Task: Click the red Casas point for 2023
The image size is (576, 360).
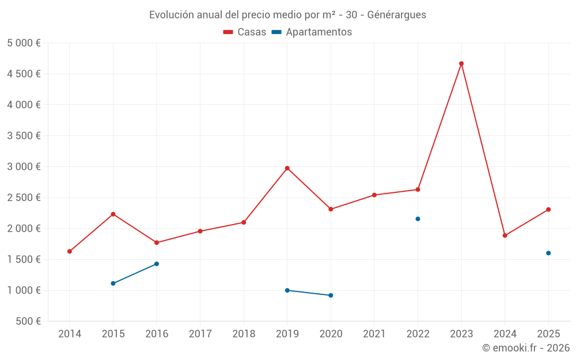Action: point(461,63)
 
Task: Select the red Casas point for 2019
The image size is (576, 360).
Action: point(287,168)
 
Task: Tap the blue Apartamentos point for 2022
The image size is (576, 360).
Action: point(418,219)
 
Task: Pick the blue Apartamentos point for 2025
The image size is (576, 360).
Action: point(548,253)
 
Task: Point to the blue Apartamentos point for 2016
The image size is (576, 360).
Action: point(157,264)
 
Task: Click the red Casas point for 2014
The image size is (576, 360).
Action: point(70,251)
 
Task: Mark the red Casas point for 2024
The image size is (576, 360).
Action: point(505,236)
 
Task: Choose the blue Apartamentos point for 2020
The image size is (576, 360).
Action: point(331,295)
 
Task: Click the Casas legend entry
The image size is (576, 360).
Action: point(245,32)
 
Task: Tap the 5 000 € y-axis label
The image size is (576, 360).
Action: point(24,43)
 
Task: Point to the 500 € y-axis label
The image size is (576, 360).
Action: point(28,321)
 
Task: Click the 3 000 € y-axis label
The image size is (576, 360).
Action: point(24,167)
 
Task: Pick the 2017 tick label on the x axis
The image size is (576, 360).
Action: point(200,334)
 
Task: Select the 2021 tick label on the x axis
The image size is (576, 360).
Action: point(374,334)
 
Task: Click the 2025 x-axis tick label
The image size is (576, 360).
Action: point(548,334)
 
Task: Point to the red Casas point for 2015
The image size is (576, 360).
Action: point(113,214)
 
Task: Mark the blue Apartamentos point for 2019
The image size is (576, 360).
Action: point(287,290)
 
